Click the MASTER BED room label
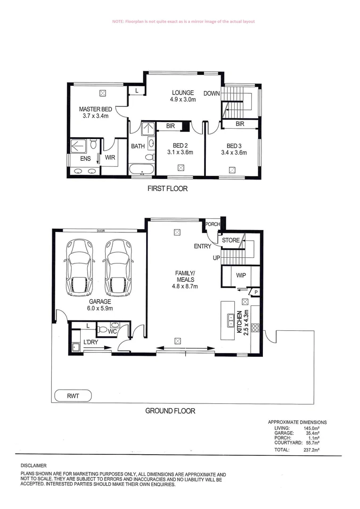tap(95, 110)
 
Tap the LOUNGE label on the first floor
tap(183, 93)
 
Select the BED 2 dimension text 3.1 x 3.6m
tap(180, 152)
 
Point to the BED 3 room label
tap(234, 146)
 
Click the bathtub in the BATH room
tap(141, 169)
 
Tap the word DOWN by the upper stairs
tap(212, 93)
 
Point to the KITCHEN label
tap(239, 323)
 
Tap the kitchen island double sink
tap(231, 321)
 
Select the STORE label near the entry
tap(231, 240)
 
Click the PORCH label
tap(213, 224)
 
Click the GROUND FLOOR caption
tap(170, 411)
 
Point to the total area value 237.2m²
tap(311, 451)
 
